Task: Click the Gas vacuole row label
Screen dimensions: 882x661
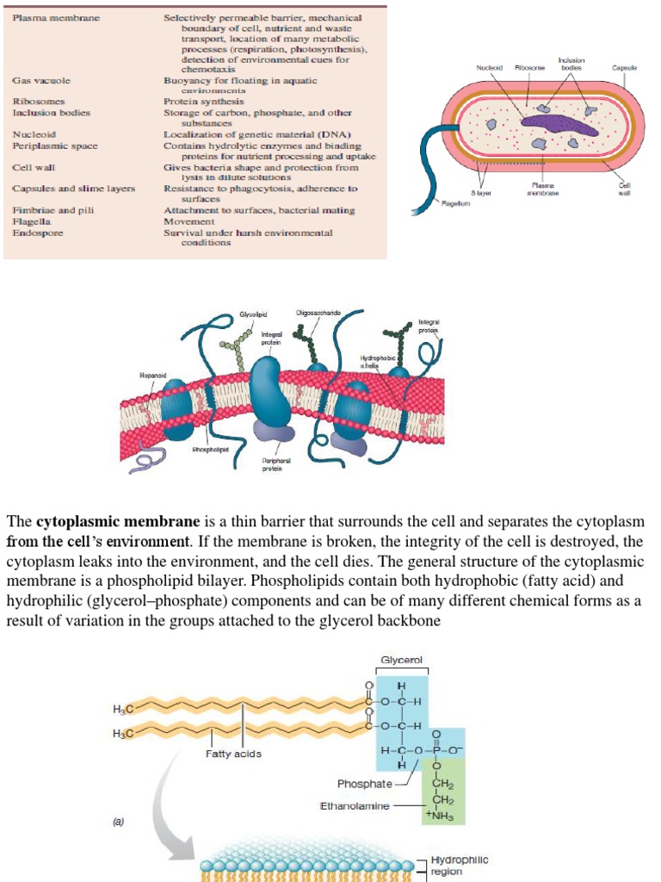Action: [x=41, y=80]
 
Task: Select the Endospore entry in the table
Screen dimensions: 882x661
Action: [x=38, y=233]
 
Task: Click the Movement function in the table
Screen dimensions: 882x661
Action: [x=188, y=221]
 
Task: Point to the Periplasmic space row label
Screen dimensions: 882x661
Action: [x=54, y=146]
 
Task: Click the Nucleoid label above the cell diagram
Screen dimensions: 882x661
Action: [x=491, y=67]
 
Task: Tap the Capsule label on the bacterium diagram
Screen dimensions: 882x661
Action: [x=624, y=67]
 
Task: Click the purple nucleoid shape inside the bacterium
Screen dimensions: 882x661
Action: [x=559, y=125]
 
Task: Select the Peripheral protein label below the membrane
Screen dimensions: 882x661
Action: [x=272, y=465]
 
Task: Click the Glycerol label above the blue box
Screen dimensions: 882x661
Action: [x=401, y=661]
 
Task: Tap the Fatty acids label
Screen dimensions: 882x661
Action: [x=233, y=754]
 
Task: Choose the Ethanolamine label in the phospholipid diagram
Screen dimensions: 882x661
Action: [x=355, y=806]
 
